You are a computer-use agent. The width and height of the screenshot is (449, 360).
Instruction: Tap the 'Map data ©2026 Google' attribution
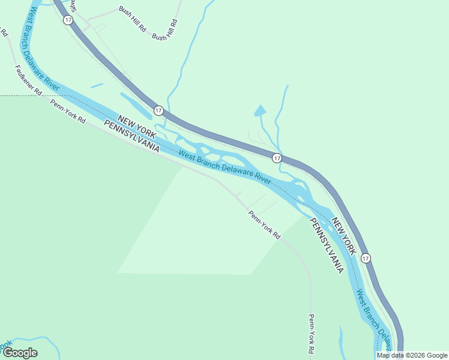tap(412, 355)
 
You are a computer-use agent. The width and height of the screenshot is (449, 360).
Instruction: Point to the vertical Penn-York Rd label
tap(312, 333)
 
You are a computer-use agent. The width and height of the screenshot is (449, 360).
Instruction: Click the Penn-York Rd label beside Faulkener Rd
tap(67, 112)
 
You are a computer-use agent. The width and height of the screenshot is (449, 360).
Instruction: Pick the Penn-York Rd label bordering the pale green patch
tap(265, 225)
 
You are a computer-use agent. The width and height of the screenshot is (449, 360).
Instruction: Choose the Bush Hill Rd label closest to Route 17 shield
tap(133, 19)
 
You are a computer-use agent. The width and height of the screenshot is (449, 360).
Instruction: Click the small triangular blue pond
tap(260, 110)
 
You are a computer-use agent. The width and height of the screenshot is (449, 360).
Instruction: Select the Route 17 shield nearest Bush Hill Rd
tap(68, 20)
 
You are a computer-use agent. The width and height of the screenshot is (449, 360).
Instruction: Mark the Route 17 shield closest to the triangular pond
tap(276, 158)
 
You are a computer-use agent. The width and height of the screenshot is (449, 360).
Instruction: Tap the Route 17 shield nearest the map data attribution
tap(366, 258)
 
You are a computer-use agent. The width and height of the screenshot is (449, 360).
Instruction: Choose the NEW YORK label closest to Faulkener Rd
tap(137, 125)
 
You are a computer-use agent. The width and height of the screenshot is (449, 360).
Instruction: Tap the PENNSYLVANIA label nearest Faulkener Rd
tap(131, 136)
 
